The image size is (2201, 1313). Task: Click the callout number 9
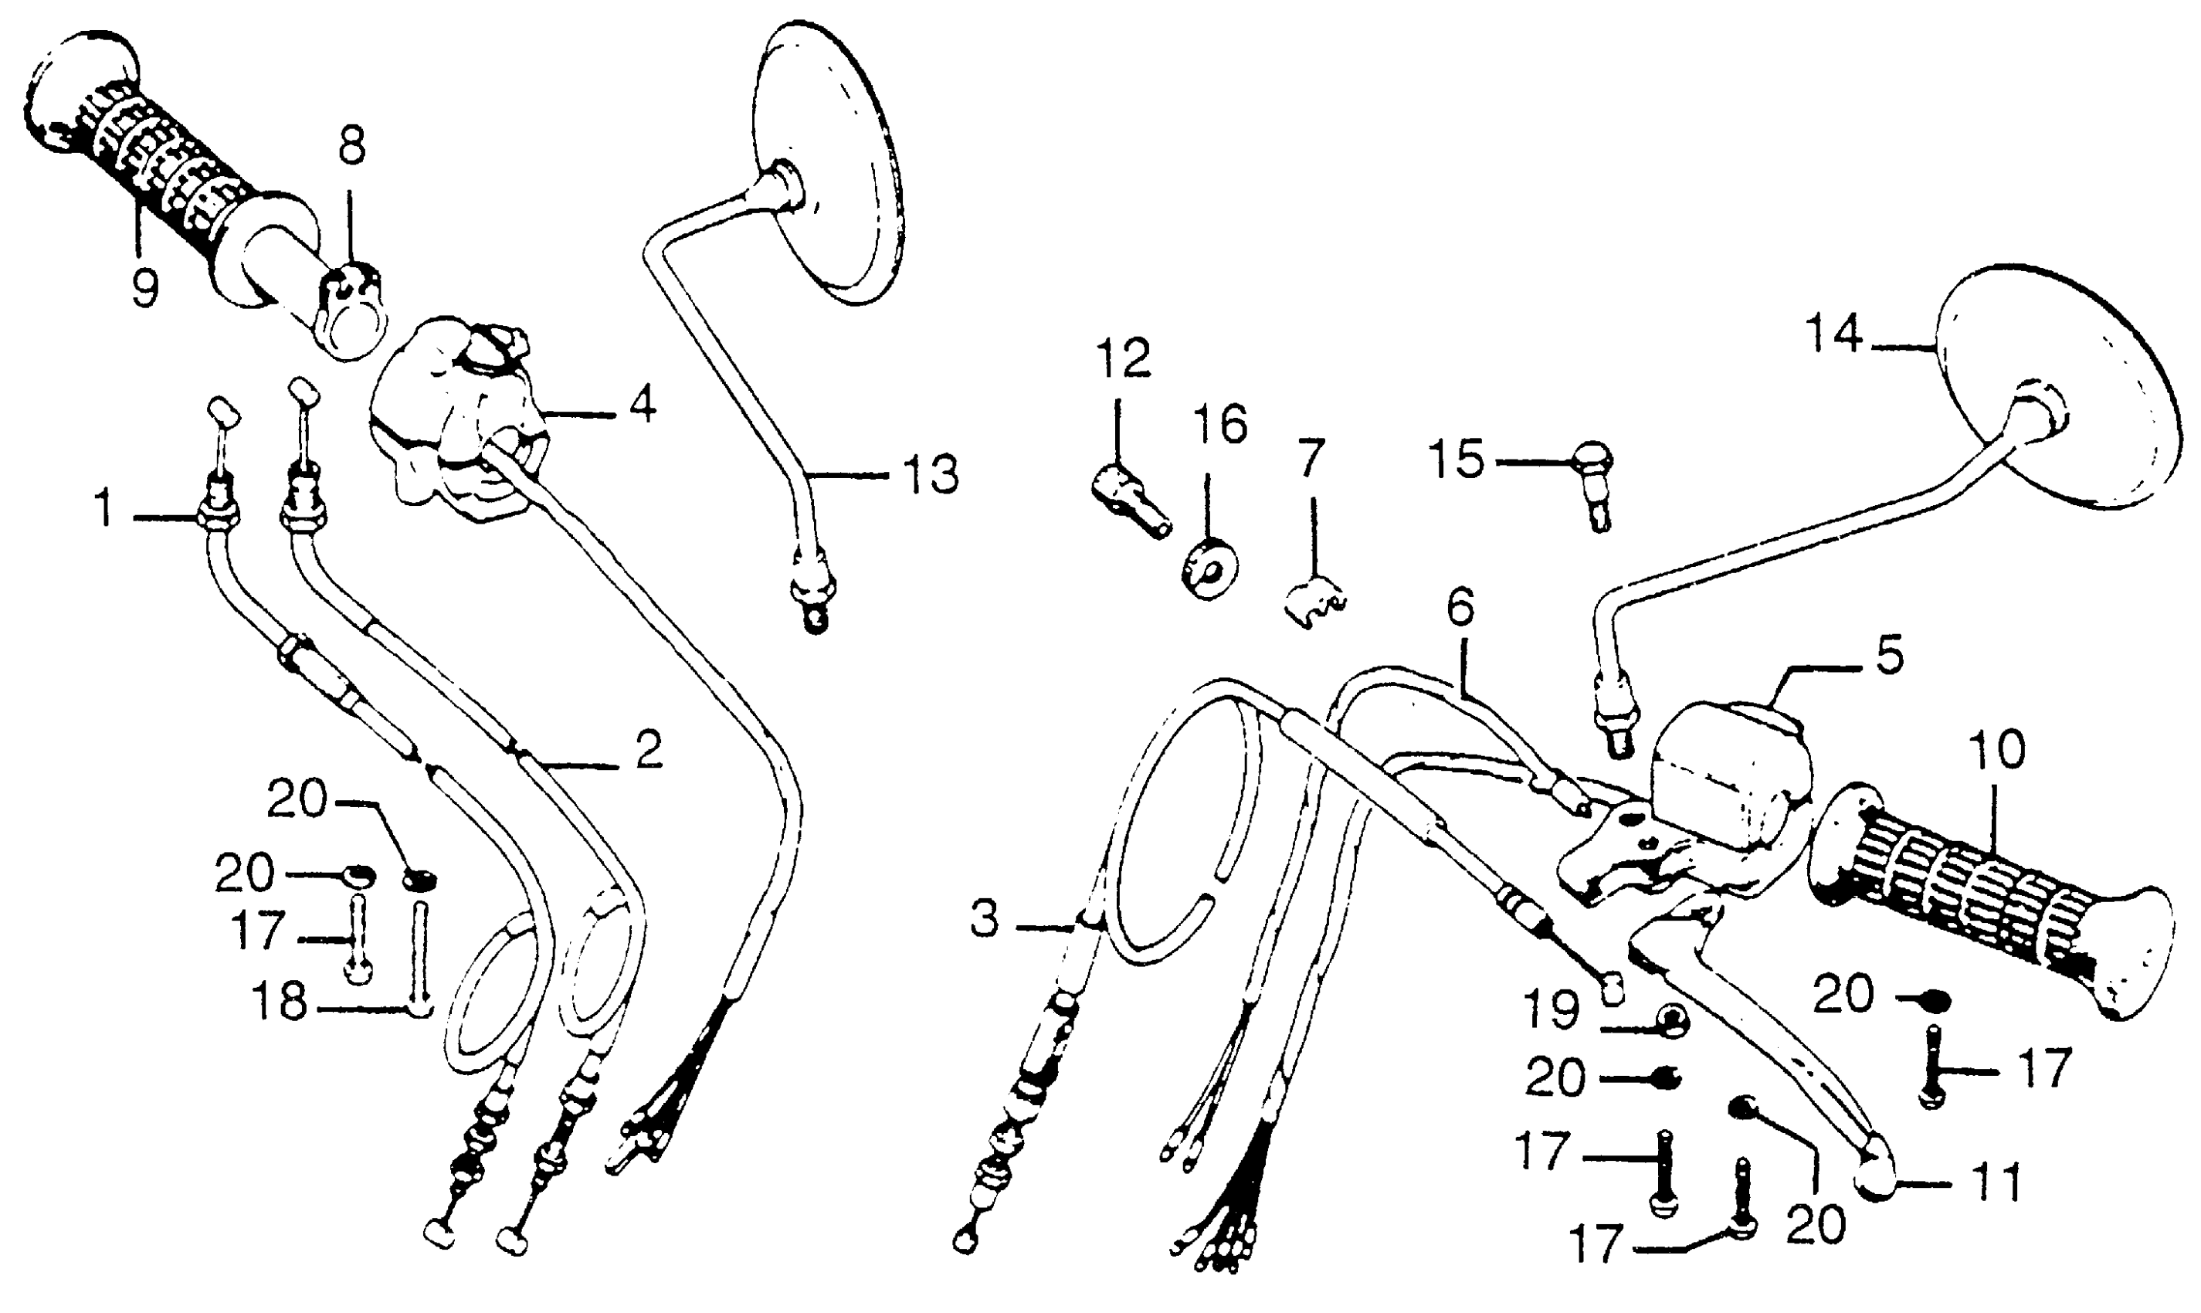tap(144, 286)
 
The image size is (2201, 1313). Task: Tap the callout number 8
tap(351, 146)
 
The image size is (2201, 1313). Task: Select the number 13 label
tap(930, 475)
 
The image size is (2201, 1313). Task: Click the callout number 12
tap(1123, 358)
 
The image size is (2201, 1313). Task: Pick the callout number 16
tap(1220, 425)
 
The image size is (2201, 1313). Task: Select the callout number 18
tap(279, 1003)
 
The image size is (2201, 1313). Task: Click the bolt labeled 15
tap(1595, 482)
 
